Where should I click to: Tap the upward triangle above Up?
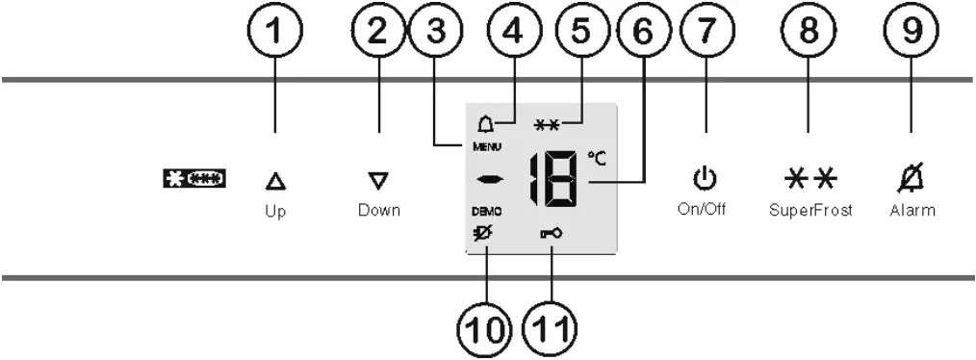[x=275, y=180]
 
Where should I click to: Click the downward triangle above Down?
[x=377, y=179]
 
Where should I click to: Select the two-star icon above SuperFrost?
[x=808, y=179]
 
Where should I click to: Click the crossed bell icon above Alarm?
[x=911, y=178]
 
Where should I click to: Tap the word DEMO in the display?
[x=486, y=210]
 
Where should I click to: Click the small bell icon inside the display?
[x=485, y=123]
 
